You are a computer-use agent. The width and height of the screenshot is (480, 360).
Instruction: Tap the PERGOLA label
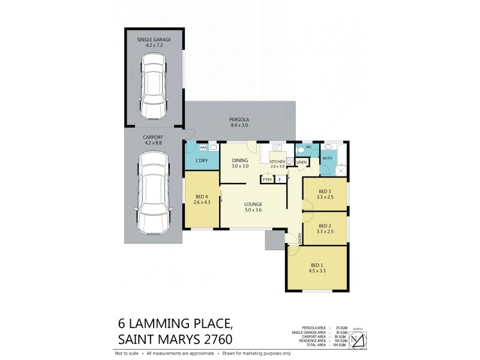pyautogui.click(x=239, y=119)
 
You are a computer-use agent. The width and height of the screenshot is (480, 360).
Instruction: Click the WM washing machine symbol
pyautogui.click(x=203, y=147)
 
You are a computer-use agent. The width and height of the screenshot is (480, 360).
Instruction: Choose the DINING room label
pyautogui.click(x=241, y=160)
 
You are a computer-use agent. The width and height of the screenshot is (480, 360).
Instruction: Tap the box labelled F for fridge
pyautogui.click(x=280, y=179)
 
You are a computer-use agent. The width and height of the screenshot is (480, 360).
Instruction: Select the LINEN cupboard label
pyautogui.click(x=302, y=162)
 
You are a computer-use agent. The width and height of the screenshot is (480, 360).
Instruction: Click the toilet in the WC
pyautogui.click(x=300, y=151)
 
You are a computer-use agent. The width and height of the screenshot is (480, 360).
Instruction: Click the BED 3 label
pyautogui.click(x=325, y=190)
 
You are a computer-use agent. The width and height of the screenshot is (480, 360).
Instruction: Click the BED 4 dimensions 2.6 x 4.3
pyautogui.click(x=201, y=202)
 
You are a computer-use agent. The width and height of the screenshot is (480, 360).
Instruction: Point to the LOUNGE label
pyautogui.click(x=253, y=204)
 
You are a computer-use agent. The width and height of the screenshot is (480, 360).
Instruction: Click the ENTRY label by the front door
pyautogui.click(x=298, y=238)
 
